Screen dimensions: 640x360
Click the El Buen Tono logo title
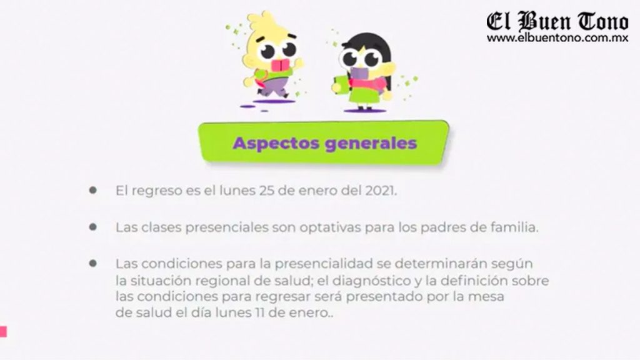coord(557,21)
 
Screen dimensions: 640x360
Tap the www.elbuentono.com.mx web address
coord(557,38)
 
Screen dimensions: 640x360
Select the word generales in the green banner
coord(371,144)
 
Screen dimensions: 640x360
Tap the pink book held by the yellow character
coord(281,65)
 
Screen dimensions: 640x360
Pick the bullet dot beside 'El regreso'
coord(93,190)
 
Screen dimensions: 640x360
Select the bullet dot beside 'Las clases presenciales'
coord(93,227)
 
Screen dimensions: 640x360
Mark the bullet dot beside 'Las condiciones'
coord(93,263)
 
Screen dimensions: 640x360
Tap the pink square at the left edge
coord(3,331)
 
